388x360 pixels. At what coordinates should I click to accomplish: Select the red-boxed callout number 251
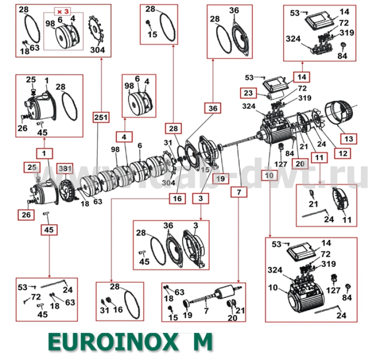point(101,117)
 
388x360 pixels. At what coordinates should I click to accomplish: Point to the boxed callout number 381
point(65,168)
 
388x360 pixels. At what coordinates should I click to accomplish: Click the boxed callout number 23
point(248,93)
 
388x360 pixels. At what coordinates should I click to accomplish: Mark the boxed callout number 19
point(221,178)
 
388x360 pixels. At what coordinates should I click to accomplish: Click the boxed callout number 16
point(177,198)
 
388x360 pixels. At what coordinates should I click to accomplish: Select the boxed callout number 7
point(239,192)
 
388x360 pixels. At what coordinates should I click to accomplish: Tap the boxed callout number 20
point(300,164)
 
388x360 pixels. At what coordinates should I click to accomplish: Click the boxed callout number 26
point(25,214)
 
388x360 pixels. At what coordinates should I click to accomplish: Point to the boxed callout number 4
point(124,137)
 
